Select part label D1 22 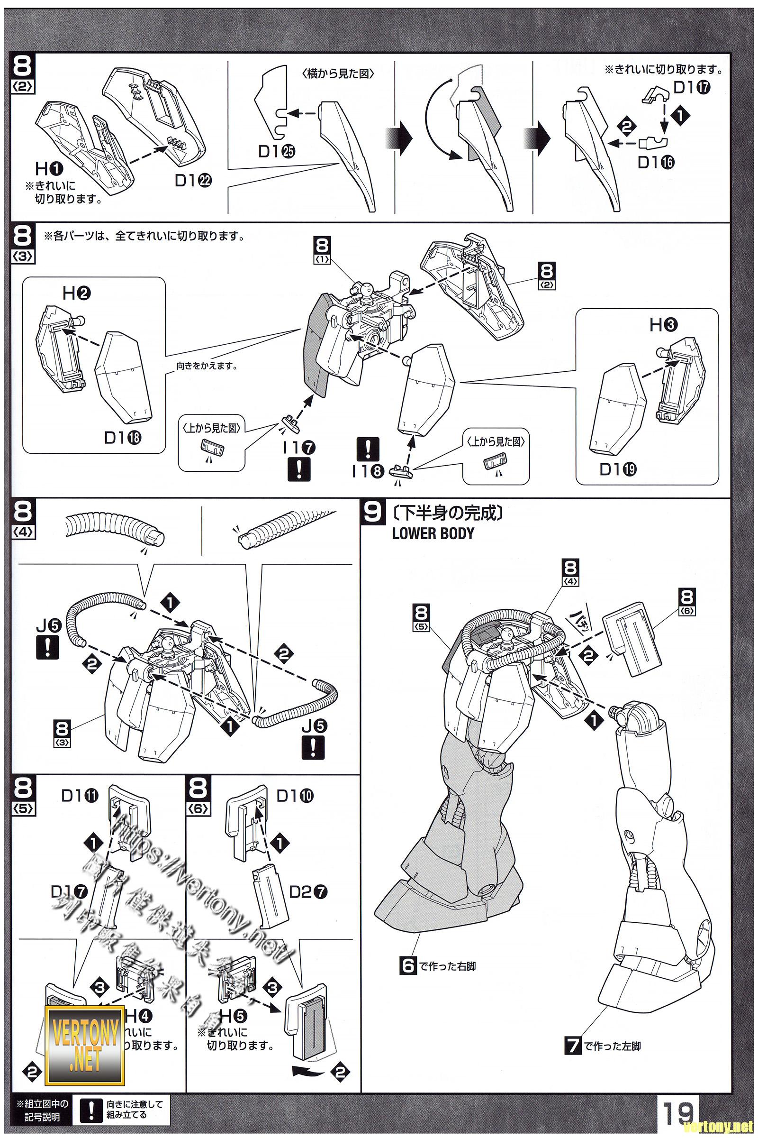pos(193,181)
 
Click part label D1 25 pos(277,152)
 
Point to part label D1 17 pos(692,88)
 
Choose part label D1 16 pos(656,163)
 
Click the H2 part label pos(77,293)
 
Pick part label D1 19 pos(618,469)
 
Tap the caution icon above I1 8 pos(368,449)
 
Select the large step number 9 pos(372,512)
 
